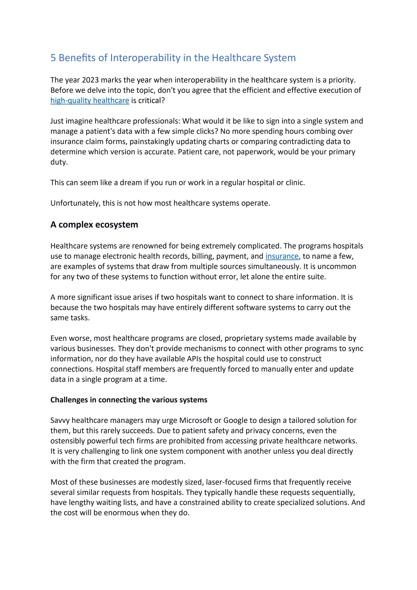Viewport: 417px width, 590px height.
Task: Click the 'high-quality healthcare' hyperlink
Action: [x=90, y=100]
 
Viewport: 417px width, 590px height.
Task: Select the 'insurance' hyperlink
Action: [x=282, y=256]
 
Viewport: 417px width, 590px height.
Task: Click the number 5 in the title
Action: [x=53, y=58]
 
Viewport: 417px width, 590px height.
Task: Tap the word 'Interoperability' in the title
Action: [x=145, y=58]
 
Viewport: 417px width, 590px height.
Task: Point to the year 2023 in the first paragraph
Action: [x=90, y=80]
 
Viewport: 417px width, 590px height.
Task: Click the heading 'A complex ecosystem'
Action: [x=94, y=225]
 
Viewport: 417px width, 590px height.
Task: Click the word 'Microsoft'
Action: [x=195, y=420]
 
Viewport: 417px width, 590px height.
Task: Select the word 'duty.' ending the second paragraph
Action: [x=59, y=162]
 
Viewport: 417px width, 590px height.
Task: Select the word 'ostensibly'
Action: [x=68, y=441]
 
